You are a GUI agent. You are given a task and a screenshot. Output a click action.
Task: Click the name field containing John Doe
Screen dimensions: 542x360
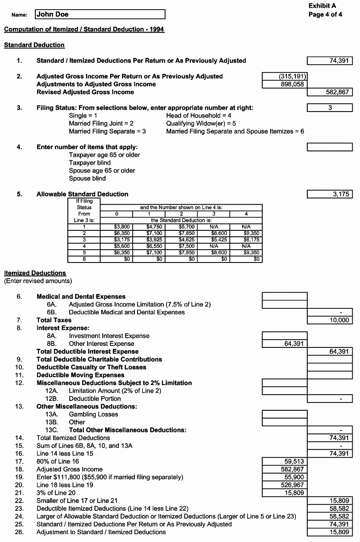point(100,15)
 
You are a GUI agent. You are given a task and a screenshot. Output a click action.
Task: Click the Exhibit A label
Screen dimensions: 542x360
point(322,6)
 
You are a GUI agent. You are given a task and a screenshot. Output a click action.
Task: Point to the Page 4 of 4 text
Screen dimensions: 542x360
point(325,14)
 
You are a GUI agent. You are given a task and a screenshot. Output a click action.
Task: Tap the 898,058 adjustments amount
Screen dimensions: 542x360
point(284,84)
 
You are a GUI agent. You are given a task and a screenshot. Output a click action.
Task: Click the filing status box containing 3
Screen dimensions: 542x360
point(330,108)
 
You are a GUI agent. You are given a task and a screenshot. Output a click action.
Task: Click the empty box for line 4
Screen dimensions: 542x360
point(330,147)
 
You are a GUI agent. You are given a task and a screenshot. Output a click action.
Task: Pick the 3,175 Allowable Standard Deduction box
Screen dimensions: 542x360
point(330,194)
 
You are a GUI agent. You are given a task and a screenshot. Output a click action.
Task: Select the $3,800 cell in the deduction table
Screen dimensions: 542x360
point(116,227)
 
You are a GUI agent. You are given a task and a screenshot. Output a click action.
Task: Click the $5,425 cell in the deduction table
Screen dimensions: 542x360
point(213,239)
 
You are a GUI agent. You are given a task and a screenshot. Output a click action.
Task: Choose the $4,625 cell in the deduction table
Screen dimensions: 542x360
point(181,239)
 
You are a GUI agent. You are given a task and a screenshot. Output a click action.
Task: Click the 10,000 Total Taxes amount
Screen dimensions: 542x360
point(330,320)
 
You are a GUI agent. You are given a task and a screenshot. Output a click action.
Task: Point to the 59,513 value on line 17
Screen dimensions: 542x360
point(284,461)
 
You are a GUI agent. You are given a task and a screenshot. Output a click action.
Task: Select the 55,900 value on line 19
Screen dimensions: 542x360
point(284,477)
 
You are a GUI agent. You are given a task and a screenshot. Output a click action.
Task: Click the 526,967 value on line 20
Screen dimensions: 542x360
point(284,485)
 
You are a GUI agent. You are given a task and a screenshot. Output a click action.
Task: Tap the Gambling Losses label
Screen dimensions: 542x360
point(93,414)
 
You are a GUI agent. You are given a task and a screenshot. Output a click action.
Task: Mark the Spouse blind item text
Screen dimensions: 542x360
point(87,179)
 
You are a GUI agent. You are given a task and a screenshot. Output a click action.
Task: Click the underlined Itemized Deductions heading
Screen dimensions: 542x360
point(35,274)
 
